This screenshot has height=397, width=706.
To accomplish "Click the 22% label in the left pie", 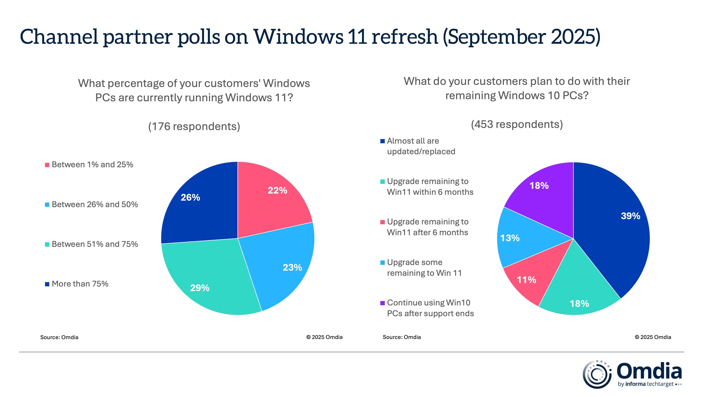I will [277, 190].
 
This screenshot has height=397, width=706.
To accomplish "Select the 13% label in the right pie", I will [510, 238].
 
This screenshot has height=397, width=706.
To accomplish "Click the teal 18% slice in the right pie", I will [578, 299].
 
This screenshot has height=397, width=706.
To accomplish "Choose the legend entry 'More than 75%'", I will [80, 284].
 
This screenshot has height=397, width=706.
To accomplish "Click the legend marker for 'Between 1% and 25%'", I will [47, 165].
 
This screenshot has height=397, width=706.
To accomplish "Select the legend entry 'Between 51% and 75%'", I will [95, 244].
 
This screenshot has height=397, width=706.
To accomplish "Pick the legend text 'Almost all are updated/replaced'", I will [421, 146].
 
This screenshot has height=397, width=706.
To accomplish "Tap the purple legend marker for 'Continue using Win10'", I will [383, 303].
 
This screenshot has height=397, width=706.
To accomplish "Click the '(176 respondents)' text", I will [194, 126].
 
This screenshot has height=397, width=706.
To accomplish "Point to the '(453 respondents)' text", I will [517, 124].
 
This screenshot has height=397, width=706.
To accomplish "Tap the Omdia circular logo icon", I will [597, 374].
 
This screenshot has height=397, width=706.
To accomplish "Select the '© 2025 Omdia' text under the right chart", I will [653, 337].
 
